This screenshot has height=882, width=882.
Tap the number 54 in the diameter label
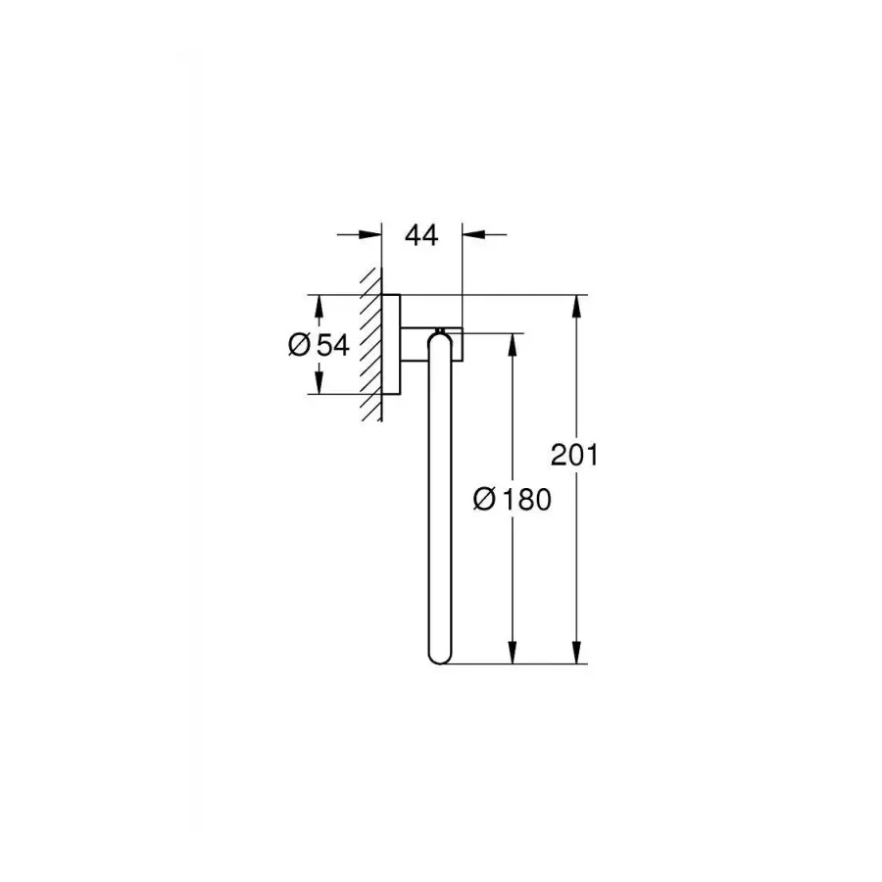coord(333,345)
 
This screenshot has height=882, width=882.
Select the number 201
coord(573,455)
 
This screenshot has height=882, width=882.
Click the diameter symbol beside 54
coord(301,345)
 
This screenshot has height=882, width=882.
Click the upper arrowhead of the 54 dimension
coord(318,305)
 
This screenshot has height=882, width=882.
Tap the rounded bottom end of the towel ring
coord(437,656)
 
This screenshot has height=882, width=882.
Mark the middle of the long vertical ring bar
coord(437,500)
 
